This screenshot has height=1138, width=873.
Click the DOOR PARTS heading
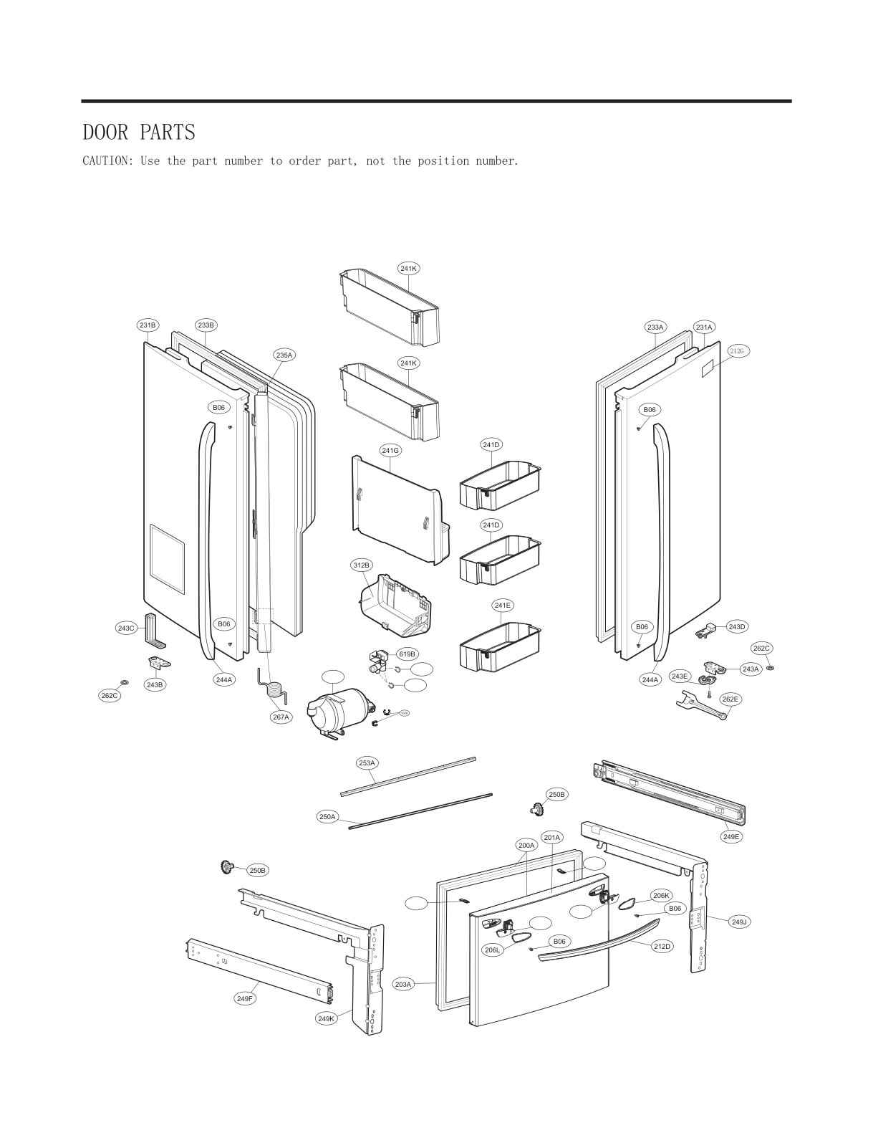(x=139, y=133)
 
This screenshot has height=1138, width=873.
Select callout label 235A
(x=284, y=355)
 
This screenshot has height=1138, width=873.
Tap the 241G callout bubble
(x=390, y=451)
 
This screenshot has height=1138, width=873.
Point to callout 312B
(x=362, y=565)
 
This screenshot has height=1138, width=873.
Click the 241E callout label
(x=503, y=606)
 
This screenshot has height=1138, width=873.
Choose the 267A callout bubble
(x=281, y=717)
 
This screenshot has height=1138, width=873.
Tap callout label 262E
(x=730, y=699)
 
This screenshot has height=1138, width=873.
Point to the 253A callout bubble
(x=367, y=763)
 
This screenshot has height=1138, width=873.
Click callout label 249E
(x=731, y=836)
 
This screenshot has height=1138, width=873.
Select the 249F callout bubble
(x=245, y=998)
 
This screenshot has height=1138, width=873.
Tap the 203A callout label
(x=404, y=984)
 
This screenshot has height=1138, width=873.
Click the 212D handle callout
(x=662, y=946)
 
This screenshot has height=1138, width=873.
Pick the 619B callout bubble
(x=407, y=654)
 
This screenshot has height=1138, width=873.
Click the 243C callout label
(x=126, y=628)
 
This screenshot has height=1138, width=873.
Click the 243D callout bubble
(x=737, y=626)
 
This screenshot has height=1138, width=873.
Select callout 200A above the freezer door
(x=526, y=845)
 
